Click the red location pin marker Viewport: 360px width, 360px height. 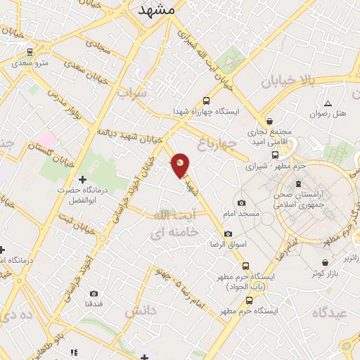point(181,165)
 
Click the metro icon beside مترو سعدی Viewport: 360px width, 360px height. point(30,51)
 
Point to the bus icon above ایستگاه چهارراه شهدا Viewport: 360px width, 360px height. point(205,101)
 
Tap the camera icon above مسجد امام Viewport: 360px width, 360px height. point(241,202)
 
